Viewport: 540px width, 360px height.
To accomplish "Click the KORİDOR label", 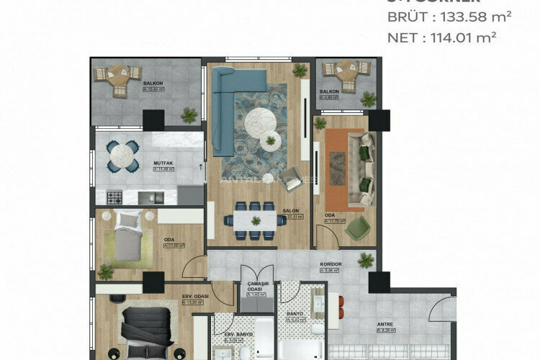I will [x=330, y=264].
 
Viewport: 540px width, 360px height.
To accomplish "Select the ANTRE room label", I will [x=385, y=323].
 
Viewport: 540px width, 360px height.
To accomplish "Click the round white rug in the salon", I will [x=259, y=123].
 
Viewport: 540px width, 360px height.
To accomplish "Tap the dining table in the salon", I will [x=255, y=218].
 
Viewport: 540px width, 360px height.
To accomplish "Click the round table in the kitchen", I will [x=123, y=154].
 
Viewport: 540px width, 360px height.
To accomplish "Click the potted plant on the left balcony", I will [x=189, y=114].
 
